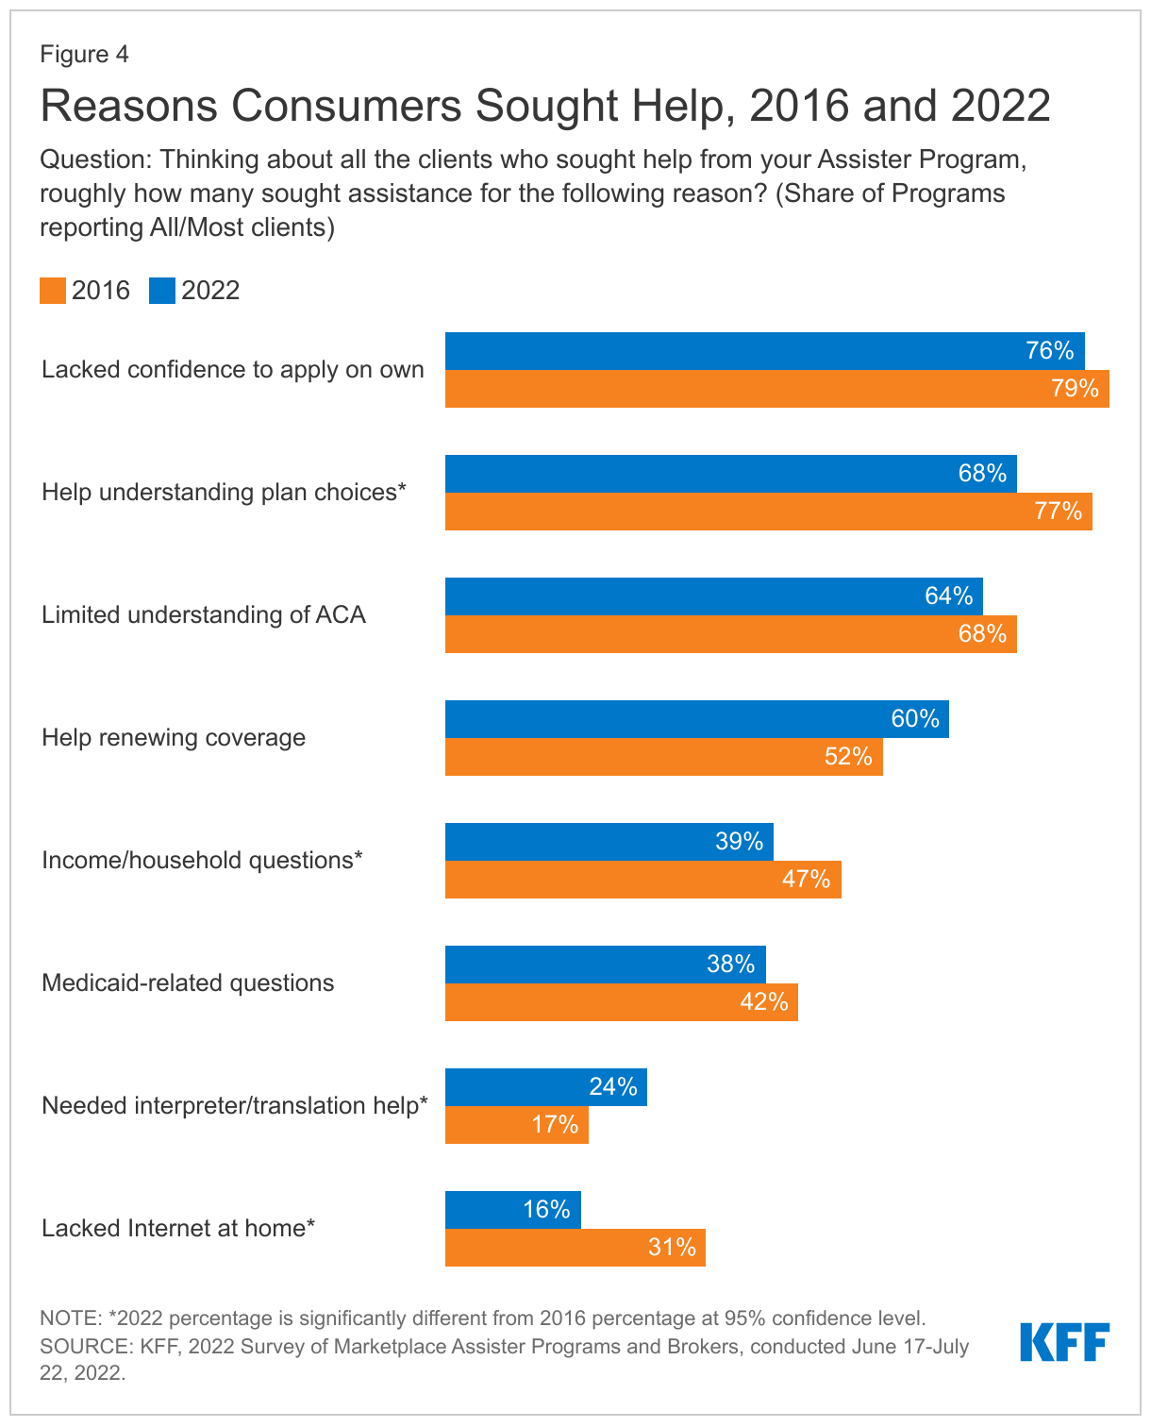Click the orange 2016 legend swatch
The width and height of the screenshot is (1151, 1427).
point(53,291)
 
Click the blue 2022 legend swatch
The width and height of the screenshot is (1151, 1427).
point(162,291)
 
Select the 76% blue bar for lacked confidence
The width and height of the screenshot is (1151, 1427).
point(764,351)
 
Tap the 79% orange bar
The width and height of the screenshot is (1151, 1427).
point(776,389)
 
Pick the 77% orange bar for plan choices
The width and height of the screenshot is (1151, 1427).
point(768,512)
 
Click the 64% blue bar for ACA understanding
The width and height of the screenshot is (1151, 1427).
point(713,596)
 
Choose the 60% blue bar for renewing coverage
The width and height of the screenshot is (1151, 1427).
point(696,719)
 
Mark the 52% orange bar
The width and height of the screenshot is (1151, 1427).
point(663,757)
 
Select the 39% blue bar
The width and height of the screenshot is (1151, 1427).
point(609,842)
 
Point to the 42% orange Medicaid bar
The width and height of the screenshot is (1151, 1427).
point(621,1002)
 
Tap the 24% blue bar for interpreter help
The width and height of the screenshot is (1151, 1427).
point(545,1087)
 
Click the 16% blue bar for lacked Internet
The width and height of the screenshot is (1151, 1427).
point(512,1210)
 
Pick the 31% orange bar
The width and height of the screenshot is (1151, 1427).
point(575,1248)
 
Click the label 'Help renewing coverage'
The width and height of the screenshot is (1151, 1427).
point(174,737)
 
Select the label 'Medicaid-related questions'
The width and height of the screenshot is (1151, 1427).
point(188,982)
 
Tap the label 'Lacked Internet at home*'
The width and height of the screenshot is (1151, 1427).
point(178,1228)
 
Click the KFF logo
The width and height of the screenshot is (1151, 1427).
point(1064,1342)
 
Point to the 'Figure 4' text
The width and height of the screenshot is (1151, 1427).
point(84,54)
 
